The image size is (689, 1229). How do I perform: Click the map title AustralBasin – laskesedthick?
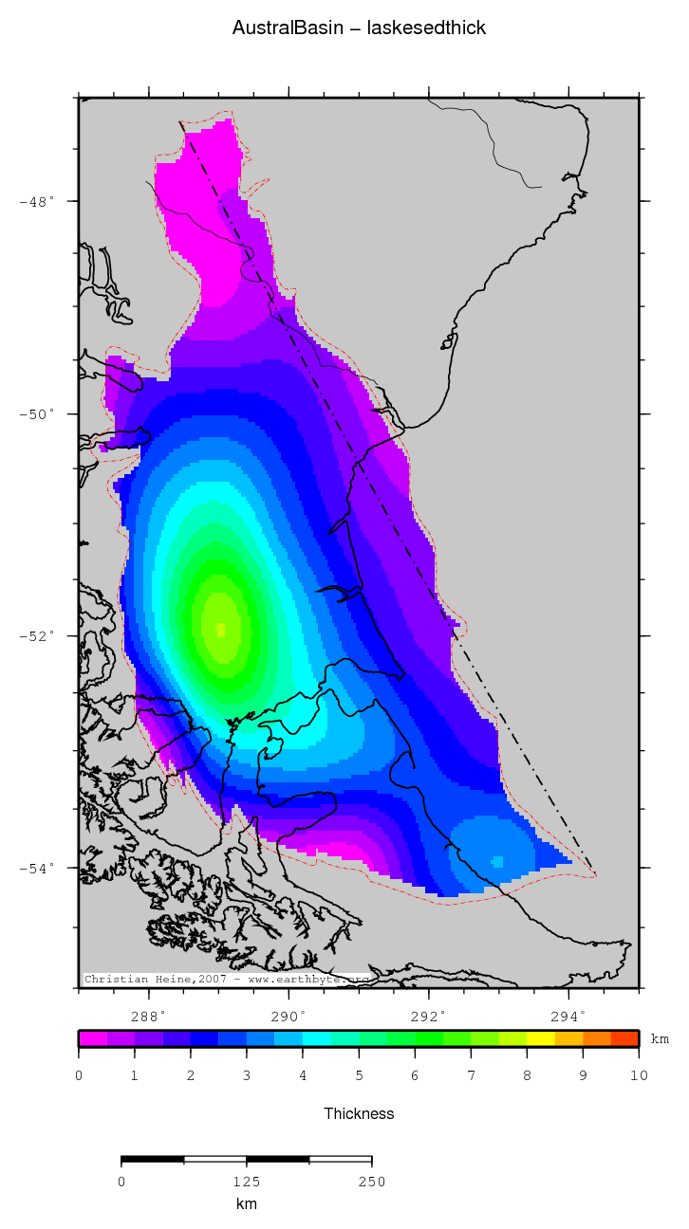pos(359,28)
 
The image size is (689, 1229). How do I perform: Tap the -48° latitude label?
pos(38,201)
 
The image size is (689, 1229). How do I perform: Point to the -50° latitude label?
pos(38,414)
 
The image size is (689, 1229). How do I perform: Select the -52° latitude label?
pos(38,635)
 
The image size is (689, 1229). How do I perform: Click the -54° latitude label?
pos(38,867)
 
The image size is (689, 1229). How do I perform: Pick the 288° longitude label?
pos(148,1016)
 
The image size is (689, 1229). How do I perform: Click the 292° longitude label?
pos(429,1016)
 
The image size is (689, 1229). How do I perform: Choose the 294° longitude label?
pos(568,1016)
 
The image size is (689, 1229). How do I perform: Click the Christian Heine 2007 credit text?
pos(226,979)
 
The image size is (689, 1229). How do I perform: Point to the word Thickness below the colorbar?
pos(359,1113)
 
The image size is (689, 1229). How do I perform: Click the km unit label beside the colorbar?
pos(660,1039)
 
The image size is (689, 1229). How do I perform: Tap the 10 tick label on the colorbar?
pos(639,1075)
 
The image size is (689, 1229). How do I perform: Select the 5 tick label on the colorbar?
pos(359,1075)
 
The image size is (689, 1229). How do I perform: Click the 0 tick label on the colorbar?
pos(79,1075)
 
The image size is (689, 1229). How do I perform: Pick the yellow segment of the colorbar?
pos(541,1038)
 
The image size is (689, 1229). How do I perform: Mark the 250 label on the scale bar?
pos(371,1182)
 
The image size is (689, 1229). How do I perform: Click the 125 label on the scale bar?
pos(246,1182)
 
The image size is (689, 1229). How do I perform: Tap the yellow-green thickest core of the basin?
pos(221,628)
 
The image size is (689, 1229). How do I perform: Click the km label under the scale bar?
pos(246,1204)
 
